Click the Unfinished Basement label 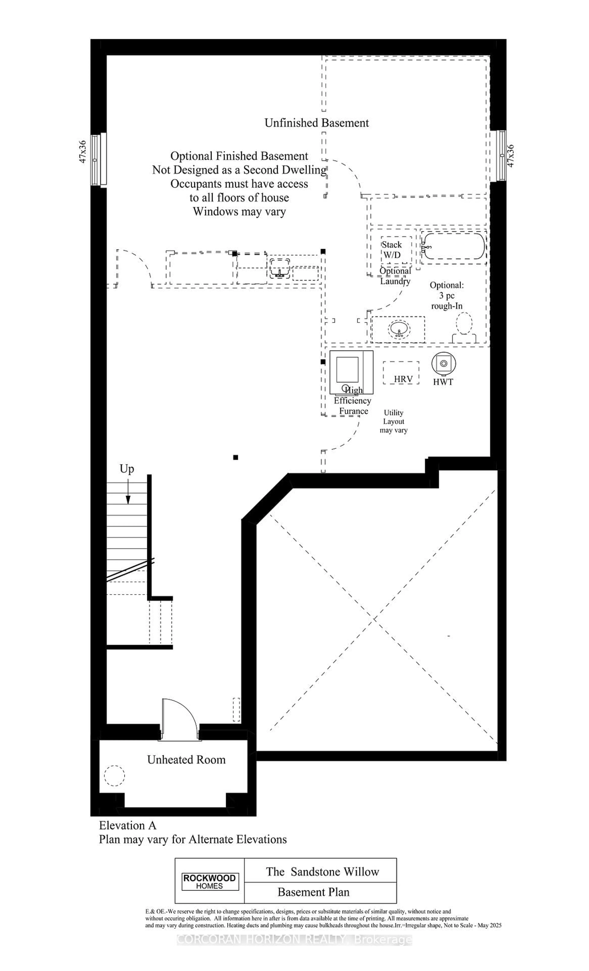[316, 123]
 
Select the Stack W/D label [392, 249]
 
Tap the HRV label [403, 379]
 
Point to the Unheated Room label [186, 759]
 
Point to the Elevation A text [128, 825]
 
